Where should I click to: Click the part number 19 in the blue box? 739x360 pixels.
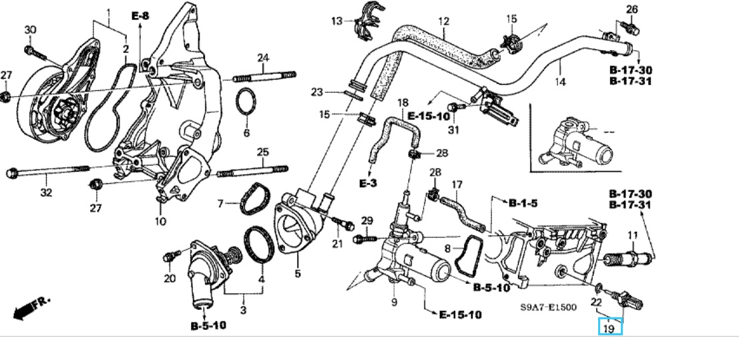[x=609, y=327]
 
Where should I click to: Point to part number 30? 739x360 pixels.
[x=29, y=29]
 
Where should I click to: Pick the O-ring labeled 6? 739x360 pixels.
[x=246, y=102]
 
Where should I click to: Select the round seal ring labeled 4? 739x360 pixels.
[x=258, y=244]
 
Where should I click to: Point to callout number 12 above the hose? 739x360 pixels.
[x=444, y=22]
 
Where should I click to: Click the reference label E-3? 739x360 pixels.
[x=368, y=182]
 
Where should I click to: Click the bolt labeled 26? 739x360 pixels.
[x=633, y=27]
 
